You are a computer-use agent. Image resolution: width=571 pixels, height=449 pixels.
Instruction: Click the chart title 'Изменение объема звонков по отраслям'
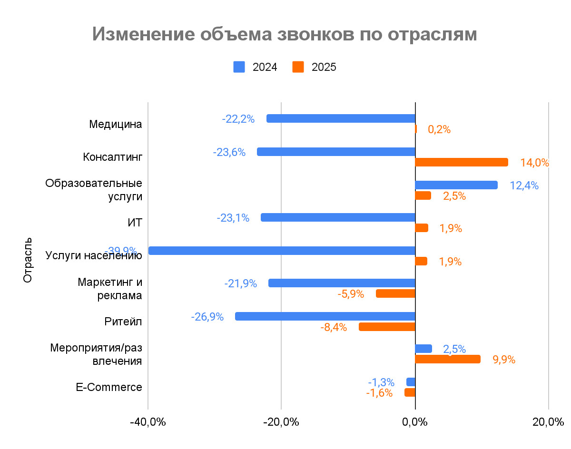click(x=284, y=35)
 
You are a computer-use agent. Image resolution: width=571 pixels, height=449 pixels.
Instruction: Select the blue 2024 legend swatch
click(x=239, y=67)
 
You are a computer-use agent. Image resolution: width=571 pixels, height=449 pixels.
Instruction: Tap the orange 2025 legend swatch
click(x=298, y=67)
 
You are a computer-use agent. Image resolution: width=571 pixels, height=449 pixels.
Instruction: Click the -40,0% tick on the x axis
click(x=148, y=422)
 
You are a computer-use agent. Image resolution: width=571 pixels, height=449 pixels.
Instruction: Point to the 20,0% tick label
click(x=548, y=422)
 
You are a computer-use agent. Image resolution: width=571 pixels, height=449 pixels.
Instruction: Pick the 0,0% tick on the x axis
click(x=415, y=422)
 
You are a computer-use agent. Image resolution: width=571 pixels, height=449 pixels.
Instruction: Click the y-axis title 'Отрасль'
click(x=28, y=259)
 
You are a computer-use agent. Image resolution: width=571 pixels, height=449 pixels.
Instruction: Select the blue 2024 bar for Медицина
click(x=341, y=118)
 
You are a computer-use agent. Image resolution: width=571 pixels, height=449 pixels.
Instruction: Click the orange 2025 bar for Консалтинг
click(x=462, y=162)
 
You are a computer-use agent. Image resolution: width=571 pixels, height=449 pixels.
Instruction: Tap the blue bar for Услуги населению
click(x=282, y=251)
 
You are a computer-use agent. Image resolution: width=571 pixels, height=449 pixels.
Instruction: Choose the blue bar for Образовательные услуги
click(x=456, y=185)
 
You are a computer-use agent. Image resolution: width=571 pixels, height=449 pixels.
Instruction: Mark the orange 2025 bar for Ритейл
click(x=387, y=327)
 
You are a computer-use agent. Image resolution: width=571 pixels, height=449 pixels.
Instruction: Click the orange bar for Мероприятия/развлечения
click(x=448, y=359)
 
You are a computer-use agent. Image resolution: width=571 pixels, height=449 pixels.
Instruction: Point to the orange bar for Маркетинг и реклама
click(x=395, y=293)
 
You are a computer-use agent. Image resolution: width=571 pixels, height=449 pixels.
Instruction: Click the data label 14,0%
click(x=534, y=163)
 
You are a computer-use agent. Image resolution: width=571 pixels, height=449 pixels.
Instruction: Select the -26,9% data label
click(x=207, y=317)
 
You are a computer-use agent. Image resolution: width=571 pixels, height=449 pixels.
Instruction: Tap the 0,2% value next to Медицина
click(x=439, y=129)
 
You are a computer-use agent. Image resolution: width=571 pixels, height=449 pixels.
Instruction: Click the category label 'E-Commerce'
click(x=109, y=387)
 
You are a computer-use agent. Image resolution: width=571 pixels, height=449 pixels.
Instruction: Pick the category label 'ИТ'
click(x=135, y=223)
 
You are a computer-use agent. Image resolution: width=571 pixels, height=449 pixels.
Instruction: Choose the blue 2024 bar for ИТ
click(x=338, y=217)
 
